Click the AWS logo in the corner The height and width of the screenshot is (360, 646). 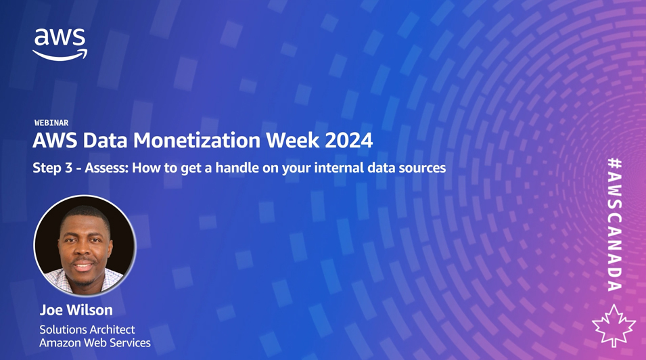point(60,45)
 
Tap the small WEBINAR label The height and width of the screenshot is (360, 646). point(51,123)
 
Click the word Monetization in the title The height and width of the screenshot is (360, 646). point(197,140)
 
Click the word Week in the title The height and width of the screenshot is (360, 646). point(293,140)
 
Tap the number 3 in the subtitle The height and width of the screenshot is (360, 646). point(69,168)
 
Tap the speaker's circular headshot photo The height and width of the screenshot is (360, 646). point(85,246)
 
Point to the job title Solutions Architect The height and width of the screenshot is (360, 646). point(87,330)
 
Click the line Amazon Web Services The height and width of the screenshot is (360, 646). point(95,342)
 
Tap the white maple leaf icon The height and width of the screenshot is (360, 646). point(614,325)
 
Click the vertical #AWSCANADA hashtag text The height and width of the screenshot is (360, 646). point(615,225)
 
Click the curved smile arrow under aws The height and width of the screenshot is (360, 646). point(60,55)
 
